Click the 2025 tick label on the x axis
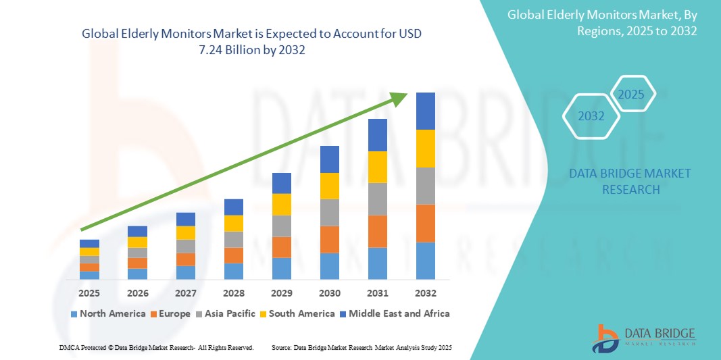89,293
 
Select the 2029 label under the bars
281,293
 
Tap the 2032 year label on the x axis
426,293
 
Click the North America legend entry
108,313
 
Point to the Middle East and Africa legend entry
393,313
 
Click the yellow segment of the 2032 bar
426,149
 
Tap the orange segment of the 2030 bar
329,239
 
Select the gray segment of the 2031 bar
378,199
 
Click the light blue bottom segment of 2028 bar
233,271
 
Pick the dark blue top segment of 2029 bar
281,183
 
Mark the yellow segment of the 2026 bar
137,242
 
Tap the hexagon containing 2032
591,116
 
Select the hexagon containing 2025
632,94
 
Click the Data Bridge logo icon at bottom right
605,338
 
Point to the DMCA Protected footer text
155,347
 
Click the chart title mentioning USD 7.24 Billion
255,41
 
